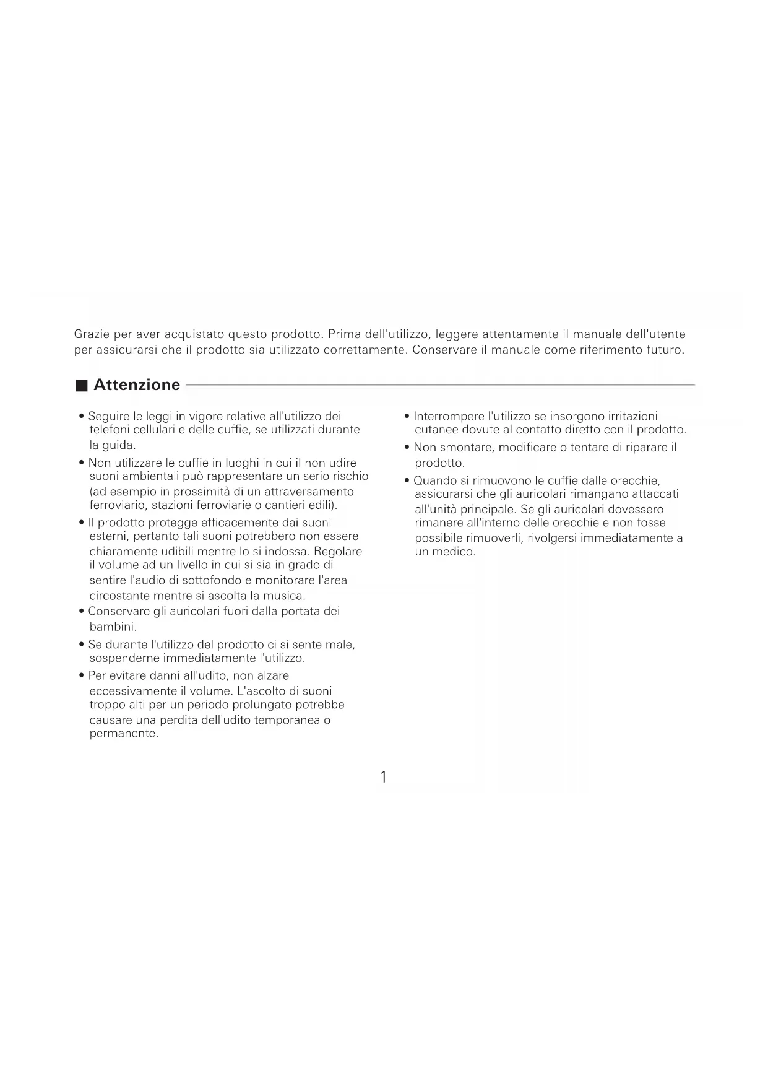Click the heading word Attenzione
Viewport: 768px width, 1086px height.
click(x=137, y=385)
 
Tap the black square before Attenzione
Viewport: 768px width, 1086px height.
click(x=81, y=386)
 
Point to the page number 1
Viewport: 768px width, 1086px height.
click(x=384, y=777)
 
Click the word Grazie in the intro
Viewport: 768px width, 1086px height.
click(x=92, y=334)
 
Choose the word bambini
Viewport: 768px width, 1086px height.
click(x=112, y=627)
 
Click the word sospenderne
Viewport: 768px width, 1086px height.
click(x=124, y=658)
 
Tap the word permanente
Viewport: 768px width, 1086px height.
click(x=123, y=734)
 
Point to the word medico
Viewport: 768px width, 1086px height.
click(x=454, y=552)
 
